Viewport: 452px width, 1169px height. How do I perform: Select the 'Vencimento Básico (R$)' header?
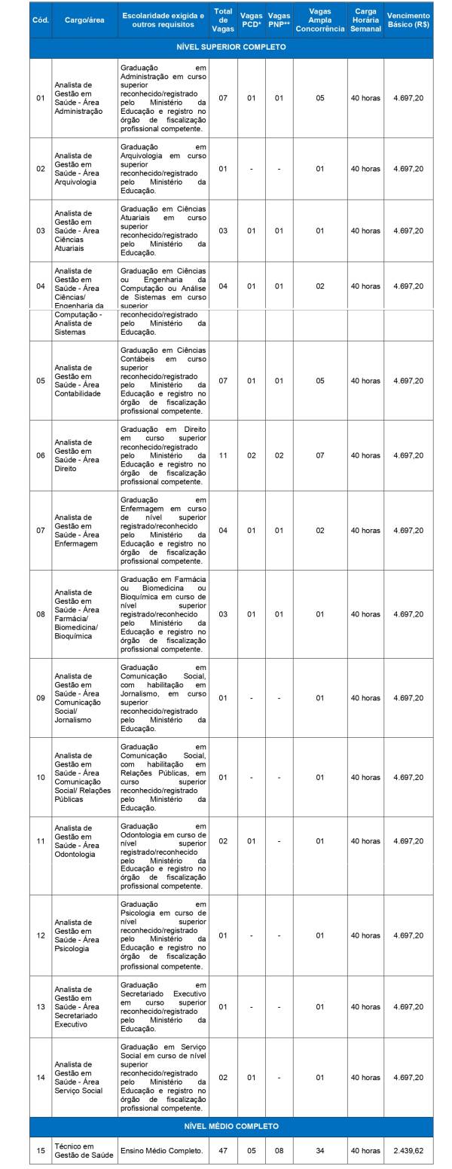(x=408, y=20)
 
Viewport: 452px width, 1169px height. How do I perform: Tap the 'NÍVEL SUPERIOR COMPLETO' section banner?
(x=231, y=47)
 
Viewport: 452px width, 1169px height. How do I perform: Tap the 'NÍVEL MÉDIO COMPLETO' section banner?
(x=231, y=1126)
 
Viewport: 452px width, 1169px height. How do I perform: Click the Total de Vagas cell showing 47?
(x=223, y=1151)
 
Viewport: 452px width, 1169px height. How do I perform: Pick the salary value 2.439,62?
(x=408, y=1151)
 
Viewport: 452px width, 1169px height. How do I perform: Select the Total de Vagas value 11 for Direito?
(x=223, y=455)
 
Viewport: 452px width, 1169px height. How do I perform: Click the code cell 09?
(x=41, y=698)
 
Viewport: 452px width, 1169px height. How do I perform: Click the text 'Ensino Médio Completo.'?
(x=162, y=1151)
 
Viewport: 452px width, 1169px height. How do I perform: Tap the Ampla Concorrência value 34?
(x=320, y=1151)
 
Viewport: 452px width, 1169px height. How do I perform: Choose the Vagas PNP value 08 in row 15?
(x=279, y=1151)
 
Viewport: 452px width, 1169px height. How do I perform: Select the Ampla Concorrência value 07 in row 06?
(x=320, y=455)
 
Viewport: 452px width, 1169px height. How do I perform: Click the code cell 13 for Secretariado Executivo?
(x=41, y=1007)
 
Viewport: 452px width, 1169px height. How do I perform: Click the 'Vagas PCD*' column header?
(x=252, y=20)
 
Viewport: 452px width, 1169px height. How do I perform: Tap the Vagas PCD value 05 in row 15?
(x=252, y=1151)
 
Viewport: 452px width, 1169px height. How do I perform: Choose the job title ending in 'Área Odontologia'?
(x=80, y=841)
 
